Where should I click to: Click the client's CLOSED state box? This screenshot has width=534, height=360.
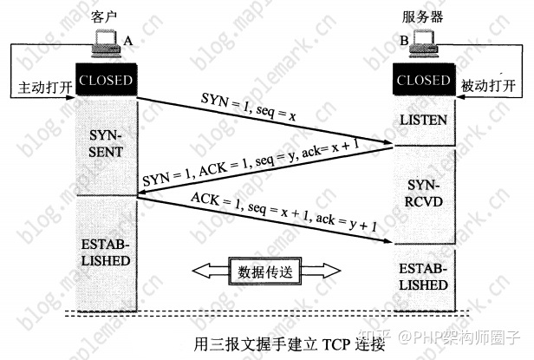(x=106, y=81)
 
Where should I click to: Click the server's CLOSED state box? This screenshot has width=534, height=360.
(x=423, y=81)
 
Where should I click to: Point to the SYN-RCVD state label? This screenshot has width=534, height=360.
(x=423, y=193)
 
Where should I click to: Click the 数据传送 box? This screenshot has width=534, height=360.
(x=264, y=272)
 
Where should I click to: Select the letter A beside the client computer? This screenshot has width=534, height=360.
(x=128, y=40)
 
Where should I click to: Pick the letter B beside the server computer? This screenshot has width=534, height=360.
(x=403, y=40)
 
